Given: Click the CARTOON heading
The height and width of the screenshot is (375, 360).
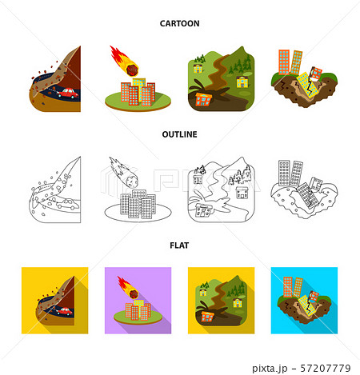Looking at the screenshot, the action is coord(179,23).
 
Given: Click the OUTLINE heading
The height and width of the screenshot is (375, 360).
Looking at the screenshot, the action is coord(179,134).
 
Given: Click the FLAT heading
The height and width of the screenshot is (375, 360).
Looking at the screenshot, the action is coord(179,245).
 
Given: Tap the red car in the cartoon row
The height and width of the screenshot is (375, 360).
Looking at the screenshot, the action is coord(69,93).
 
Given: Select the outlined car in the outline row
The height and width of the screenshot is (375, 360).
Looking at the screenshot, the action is coord(68,204).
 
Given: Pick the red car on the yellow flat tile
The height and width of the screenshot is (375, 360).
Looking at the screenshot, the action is coord(64,311).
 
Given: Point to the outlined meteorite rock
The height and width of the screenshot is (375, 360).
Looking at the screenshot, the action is coord(132,182).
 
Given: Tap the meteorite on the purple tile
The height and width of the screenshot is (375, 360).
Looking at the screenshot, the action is coord(133,293).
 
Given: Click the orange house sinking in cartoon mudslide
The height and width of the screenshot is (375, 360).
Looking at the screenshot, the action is coord(203,99).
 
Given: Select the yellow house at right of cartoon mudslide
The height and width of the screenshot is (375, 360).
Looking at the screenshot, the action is coord(242,82).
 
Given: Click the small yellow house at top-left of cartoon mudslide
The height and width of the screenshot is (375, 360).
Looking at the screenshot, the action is coord(198,68).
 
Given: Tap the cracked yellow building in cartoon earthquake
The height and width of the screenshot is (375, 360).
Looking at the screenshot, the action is coord(307,85).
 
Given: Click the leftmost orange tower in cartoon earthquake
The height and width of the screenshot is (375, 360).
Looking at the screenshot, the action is coord(284,62).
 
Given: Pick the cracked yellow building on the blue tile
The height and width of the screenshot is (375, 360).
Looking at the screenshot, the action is coord(306,305).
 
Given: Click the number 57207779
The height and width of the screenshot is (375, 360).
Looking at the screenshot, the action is coord(326,369).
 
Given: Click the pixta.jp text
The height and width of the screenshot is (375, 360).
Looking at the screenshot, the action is coord(270,369).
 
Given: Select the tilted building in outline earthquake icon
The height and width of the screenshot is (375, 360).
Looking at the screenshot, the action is coord(307,196).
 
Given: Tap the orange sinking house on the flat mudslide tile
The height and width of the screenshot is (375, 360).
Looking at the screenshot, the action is coord(207,316).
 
